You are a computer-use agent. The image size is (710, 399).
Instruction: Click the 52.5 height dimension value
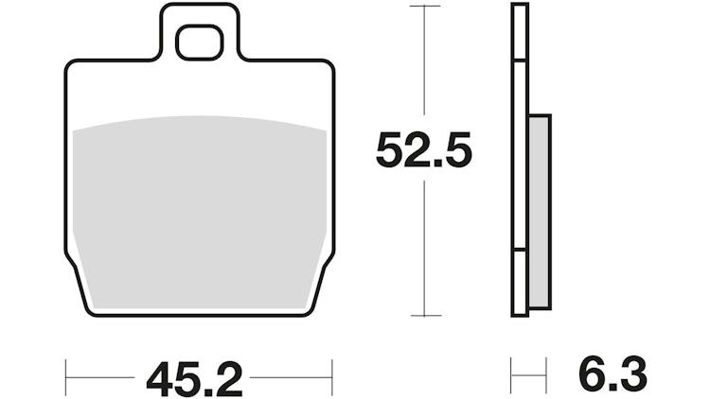click(423, 149)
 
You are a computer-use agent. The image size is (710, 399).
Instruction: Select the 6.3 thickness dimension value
click(613, 376)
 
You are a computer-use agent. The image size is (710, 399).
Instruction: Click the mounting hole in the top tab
click(198, 42)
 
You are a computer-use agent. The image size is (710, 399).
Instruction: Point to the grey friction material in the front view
click(199, 208)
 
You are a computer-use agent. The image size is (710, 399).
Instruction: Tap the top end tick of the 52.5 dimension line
click(424, 6)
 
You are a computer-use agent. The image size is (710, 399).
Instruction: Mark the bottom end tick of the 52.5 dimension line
click(424, 316)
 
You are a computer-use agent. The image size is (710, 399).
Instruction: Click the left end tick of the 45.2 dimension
click(65, 376)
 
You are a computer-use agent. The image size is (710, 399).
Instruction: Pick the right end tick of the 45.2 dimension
click(332, 376)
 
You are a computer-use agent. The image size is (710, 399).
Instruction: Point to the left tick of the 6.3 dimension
click(512, 376)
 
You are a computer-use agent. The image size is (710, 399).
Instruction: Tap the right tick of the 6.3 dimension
click(546, 376)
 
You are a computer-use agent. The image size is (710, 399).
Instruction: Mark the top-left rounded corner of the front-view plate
click(71, 66)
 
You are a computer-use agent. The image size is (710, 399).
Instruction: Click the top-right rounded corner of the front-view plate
click(328, 66)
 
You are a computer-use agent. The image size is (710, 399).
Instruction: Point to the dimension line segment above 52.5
click(424, 66)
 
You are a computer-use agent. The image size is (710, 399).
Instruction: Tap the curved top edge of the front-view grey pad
click(199, 118)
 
